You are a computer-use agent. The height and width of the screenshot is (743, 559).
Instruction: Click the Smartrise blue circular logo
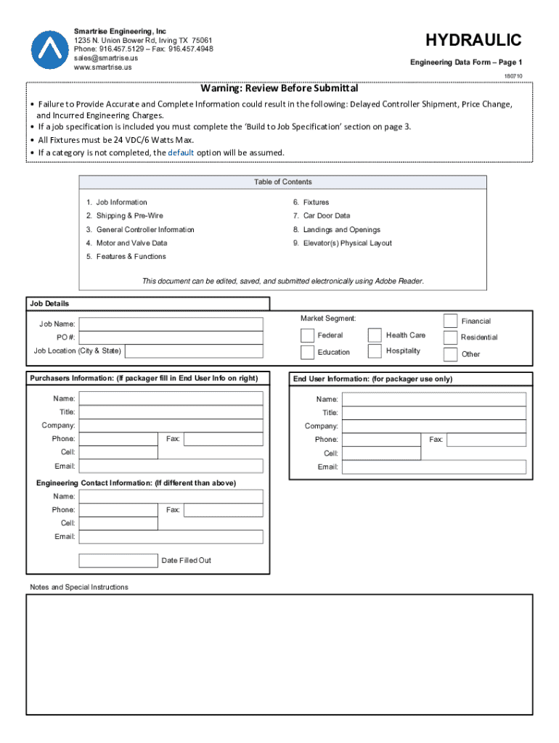[x=50, y=49]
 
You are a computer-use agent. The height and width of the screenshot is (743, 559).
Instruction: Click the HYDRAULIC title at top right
[x=473, y=39]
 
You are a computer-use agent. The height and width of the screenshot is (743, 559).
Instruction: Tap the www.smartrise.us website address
[x=103, y=67]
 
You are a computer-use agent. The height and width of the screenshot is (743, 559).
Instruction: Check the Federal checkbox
[x=307, y=335]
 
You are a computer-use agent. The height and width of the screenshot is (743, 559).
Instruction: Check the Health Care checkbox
[x=375, y=335]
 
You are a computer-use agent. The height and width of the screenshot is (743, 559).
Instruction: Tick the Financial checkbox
[x=450, y=321]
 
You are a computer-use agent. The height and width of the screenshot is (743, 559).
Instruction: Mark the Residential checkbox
[x=450, y=337]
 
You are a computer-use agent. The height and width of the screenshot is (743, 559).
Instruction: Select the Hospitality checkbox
[x=375, y=351]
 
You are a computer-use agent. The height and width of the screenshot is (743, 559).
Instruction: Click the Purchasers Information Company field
[x=171, y=425]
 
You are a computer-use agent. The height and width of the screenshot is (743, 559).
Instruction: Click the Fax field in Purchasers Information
[x=223, y=439]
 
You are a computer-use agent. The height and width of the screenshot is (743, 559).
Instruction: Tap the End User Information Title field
[x=433, y=413]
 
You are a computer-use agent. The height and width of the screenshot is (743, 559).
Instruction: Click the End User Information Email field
[x=433, y=467]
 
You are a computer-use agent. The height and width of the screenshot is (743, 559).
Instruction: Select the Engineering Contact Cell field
[x=118, y=523]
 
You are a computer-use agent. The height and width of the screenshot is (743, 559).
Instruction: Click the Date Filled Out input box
[x=118, y=560]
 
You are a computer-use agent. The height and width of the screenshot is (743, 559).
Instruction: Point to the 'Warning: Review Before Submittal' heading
[x=279, y=89]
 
